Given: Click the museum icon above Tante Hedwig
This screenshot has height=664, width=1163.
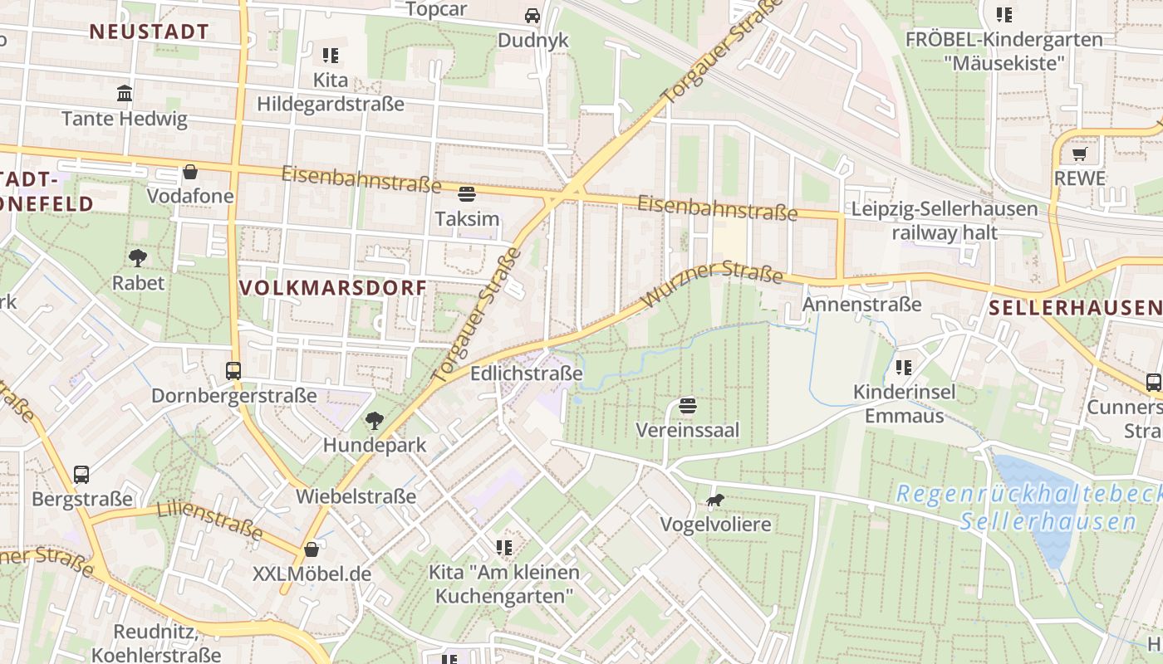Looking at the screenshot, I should coord(125,93).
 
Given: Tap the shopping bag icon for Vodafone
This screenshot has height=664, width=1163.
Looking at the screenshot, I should coord(190,172).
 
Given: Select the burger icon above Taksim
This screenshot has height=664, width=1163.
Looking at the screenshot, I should coord(467,194).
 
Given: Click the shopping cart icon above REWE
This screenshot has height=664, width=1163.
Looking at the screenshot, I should coord(1079,154).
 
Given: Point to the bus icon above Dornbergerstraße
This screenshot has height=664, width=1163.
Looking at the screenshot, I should coord(233,371).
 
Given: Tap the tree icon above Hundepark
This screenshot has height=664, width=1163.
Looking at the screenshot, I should coord(375,421).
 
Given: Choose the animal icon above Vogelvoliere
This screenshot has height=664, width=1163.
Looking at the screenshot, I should coord(714,500).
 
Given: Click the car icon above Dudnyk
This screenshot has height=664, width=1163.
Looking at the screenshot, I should coord(532,16).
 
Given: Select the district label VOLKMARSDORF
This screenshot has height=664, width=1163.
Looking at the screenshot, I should coord(332,288).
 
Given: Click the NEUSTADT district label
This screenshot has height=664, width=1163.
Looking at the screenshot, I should coord(149,32).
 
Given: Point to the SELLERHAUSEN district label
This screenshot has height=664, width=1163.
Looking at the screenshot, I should coord(1075,309).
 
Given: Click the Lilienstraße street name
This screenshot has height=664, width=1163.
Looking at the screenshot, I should coord(209,520).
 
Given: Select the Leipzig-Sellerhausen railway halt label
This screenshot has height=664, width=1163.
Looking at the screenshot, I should coord(945,221).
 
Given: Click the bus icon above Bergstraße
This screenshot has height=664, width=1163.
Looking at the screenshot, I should coord(81,475).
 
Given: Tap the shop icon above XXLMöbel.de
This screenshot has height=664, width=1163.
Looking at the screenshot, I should coord(312,549).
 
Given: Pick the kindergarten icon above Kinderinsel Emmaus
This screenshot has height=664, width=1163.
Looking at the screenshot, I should coord(904,367).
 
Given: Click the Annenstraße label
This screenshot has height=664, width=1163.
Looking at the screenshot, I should coord(861,305).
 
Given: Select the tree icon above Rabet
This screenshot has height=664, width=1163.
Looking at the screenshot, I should coord(138,258).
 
